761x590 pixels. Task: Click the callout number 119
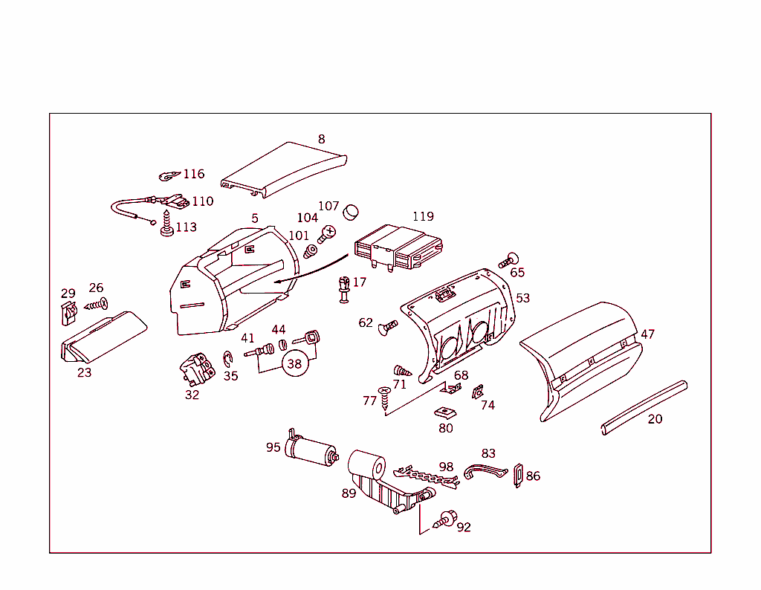[x=423, y=216]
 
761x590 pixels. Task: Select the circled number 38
[x=295, y=364]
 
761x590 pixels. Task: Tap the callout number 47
[x=648, y=334]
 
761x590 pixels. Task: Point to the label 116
[x=193, y=174]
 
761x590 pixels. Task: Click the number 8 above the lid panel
[x=321, y=139]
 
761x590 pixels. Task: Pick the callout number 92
[x=464, y=528]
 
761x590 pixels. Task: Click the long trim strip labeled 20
[x=644, y=408]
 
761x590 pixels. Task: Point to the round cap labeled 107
[x=350, y=213]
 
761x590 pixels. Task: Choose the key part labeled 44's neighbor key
[x=308, y=339]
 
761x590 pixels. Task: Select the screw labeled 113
[x=166, y=225]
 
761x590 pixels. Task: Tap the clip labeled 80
[x=444, y=412]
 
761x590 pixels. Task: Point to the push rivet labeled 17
[x=343, y=289]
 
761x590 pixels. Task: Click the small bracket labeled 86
[x=518, y=476]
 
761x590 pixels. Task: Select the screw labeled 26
[x=97, y=302]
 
